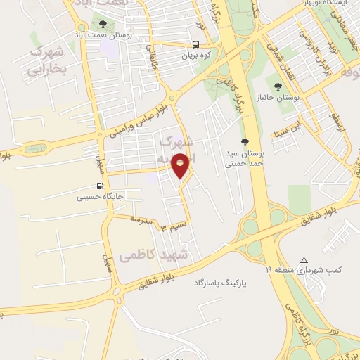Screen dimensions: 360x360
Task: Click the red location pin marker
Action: pyautogui.click(x=181, y=165)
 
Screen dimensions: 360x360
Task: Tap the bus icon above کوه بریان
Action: pyautogui.click(x=196, y=43)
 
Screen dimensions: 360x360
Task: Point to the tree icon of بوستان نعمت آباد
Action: pyautogui.click(x=103, y=24)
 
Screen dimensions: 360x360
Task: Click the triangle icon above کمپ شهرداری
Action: pyautogui.click(x=304, y=260)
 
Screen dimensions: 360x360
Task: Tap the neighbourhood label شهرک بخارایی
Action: pyautogui.click(x=46, y=61)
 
